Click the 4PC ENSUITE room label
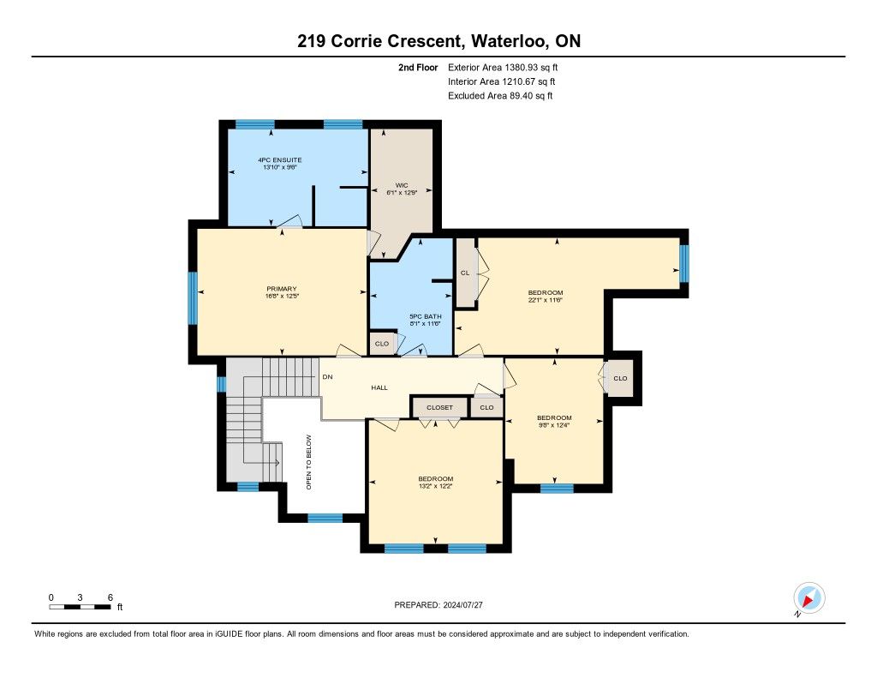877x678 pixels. [280, 159]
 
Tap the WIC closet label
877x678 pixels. [402, 185]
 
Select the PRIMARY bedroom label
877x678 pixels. [281, 289]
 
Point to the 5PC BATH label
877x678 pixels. [426, 316]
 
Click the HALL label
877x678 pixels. [379, 387]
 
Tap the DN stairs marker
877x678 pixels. [328, 377]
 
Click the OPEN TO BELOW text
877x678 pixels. [308, 463]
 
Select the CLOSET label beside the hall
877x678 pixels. [439, 407]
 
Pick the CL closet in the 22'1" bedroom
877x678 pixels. [465, 273]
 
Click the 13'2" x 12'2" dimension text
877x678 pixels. [436, 486]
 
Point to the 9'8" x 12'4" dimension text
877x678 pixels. [554, 425]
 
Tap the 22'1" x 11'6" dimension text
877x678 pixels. [546, 299]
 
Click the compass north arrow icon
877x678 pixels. [808, 598]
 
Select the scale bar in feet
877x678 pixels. [80, 607]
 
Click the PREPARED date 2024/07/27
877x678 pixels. [438, 605]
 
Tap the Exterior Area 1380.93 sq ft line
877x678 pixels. [503, 67]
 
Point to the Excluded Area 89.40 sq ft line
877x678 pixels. [500, 96]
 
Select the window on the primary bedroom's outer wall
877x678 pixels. [193, 297]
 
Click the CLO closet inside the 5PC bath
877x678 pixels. [382, 344]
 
